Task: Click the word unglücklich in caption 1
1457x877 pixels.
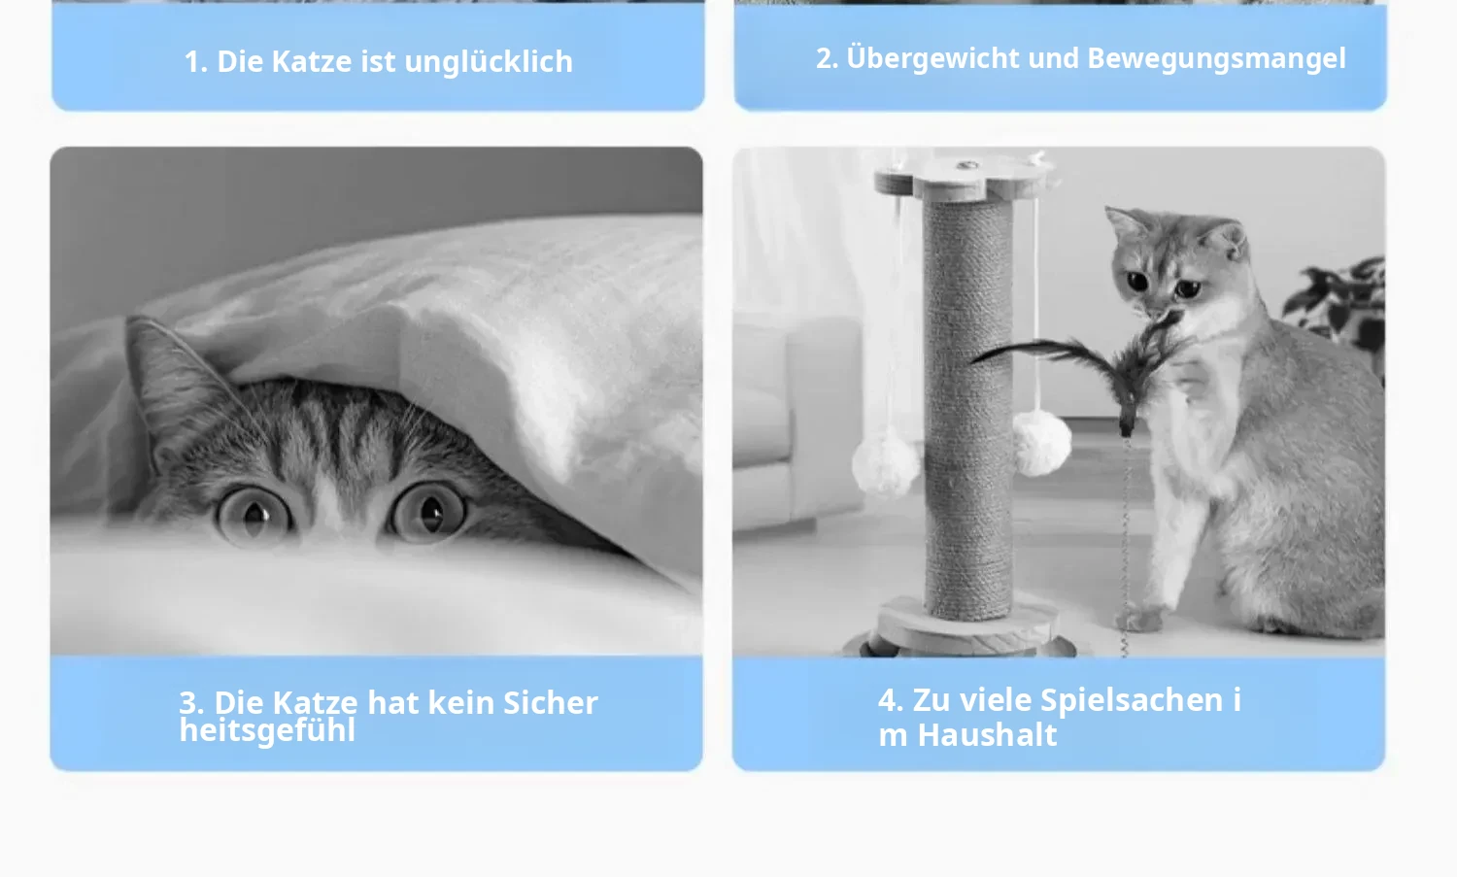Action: [x=489, y=62]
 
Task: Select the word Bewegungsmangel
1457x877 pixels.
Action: [x=1216, y=59]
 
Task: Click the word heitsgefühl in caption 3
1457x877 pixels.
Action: [x=267, y=730]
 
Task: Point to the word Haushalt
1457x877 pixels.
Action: [x=987, y=735]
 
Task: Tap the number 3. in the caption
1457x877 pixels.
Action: [x=191, y=702]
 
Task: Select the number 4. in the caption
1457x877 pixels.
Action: [x=891, y=700]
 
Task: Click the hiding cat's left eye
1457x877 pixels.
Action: [x=254, y=516]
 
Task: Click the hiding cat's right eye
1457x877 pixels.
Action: [x=428, y=511]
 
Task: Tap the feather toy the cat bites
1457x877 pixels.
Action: [x=1100, y=364]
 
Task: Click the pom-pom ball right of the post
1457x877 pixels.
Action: [x=1041, y=442]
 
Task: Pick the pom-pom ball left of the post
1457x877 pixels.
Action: [x=885, y=466]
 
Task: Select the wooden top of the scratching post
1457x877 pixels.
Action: [x=964, y=177]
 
